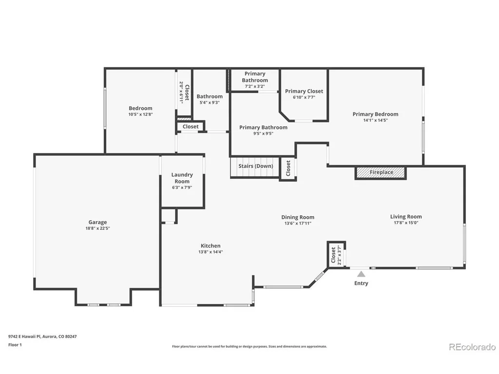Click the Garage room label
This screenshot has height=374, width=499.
click(97, 222)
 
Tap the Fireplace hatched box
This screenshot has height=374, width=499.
click(381, 172)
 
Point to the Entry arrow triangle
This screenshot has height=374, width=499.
click(361, 274)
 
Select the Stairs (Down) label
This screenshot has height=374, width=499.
click(255, 166)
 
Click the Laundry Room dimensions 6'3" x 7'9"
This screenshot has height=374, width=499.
click(182, 187)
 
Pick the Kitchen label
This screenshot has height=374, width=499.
click(211, 246)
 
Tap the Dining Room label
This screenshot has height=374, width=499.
click(298, 217)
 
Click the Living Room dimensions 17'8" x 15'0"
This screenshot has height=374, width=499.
click(406, 223)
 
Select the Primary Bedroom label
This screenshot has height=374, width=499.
click(375, 114)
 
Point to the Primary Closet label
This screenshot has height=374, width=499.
click(304, 91)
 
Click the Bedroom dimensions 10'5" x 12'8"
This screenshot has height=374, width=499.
click(140, 114)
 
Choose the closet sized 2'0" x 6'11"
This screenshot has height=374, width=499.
click(184, 92)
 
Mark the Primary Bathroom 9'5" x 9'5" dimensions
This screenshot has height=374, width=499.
click(263, 133)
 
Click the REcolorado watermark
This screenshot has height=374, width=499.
click(472, 347)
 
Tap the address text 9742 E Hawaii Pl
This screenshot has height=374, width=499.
click(24, 337)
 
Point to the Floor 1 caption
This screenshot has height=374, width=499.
click(15, 345)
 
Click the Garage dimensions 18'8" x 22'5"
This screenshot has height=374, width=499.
click(97, 228)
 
